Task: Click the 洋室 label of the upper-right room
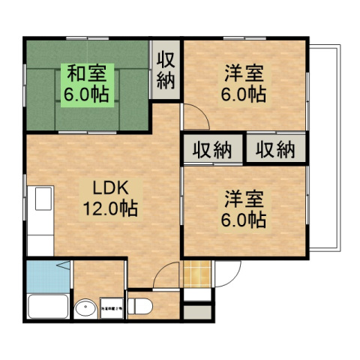(244, 75)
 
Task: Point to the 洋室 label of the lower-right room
(244, 199)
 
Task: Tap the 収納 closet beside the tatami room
(166, 69)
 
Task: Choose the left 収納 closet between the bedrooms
(211, 149)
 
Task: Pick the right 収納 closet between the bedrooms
(275, 149)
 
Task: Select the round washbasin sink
(88, 308)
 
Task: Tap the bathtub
(47, 307)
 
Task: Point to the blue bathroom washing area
(47, 276)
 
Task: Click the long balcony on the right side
(325, 150)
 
